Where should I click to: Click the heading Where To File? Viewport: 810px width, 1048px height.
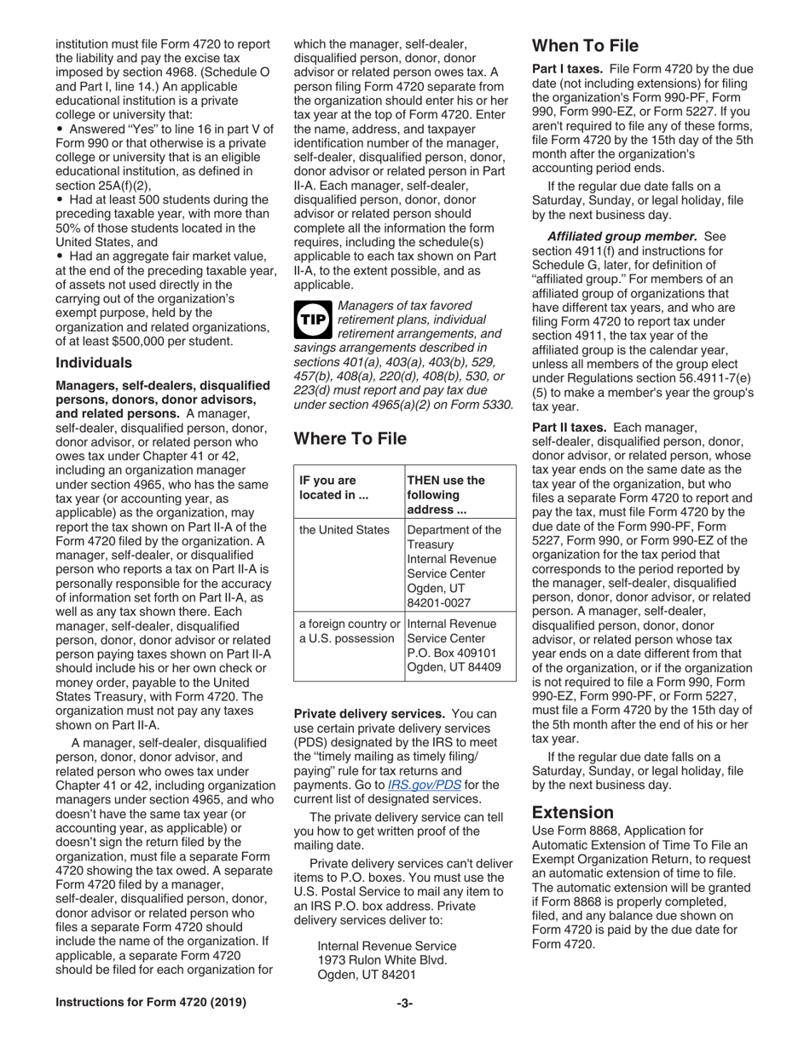(350, 439)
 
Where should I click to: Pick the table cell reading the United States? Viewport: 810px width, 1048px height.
(344, 530)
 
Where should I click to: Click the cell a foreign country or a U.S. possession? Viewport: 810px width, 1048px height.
(347, 631)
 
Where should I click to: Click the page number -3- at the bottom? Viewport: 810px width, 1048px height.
(404, 1003)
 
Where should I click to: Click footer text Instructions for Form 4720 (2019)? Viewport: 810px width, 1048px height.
(151, 1003)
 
